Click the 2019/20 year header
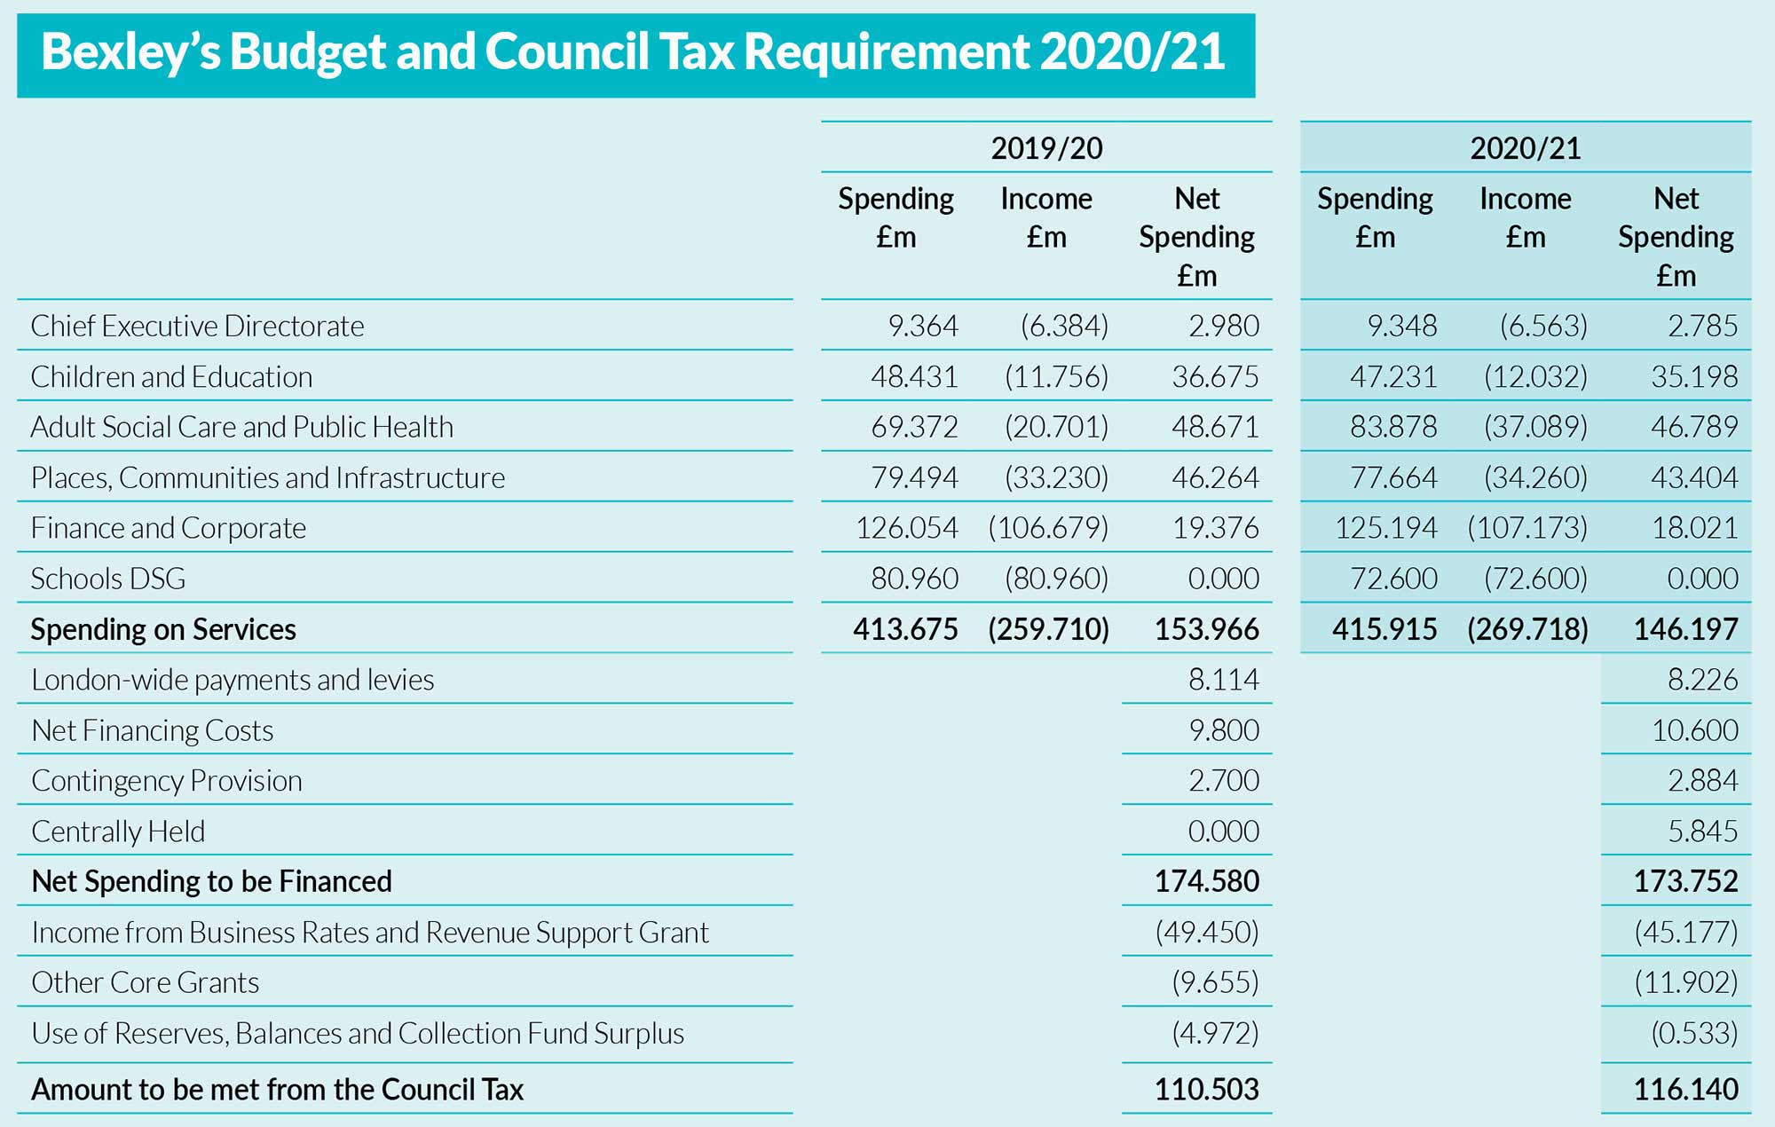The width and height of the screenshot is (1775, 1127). pyautogui.click(x=1046, y=148)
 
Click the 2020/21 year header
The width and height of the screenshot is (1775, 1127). pyautogui.click(x=1525, y=148)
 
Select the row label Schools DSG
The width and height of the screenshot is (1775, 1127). pyautogui.click(x=108, y=579)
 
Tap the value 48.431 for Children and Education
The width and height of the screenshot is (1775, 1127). pyautogui.click(x=914, y=377)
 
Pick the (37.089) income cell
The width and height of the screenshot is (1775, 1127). pyautogui.click(x=1535, y=428)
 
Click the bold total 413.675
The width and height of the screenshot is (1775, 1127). pyautogui.click(x=905, y=629)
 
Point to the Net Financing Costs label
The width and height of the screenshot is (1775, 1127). pyautogui.click(x=152, y=730)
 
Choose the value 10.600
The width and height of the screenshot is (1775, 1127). pyautogui.click(x=1694, y=730)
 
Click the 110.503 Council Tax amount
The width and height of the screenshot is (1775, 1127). pyautogui.click(x=1206, y=1089)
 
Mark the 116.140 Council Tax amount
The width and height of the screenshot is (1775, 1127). pyautogui.click(x=1685, y=1089)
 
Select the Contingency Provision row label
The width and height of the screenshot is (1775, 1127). pyautogui.click(x=167, y=781)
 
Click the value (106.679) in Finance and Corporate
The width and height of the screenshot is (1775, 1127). pyautogui.click(x=1048, y=529)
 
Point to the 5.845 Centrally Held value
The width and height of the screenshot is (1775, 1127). pyautogui.click(x=1702, y=831)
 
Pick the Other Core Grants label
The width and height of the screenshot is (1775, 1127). pyautogui.click(x=146, y=983)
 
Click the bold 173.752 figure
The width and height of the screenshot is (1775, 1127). pyautogui.click(x=1685, y=881)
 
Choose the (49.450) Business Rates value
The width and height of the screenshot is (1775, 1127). pyautogui.click(x=1207, y=933)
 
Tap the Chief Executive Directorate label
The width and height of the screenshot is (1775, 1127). pyautogui.click(x=197, y=327)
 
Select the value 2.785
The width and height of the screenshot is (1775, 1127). pyautogui.click(x=1702, y=327)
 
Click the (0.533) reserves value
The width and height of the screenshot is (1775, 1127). pyautogui.click(x=1694, y=1034)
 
